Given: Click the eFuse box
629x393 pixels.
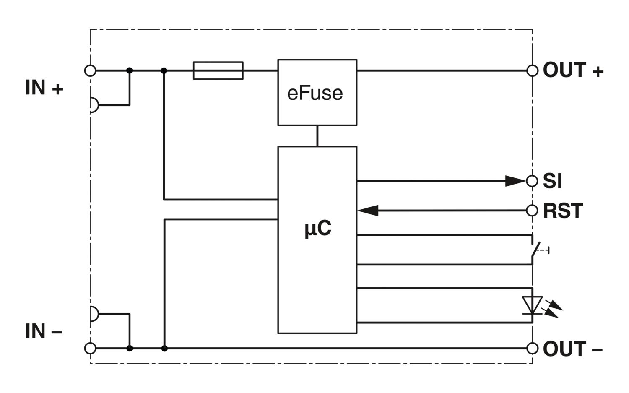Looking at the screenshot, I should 317,92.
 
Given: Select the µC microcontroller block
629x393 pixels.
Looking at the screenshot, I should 317,240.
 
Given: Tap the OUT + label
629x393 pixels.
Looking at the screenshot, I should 573,70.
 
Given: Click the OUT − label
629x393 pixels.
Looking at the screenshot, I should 572,349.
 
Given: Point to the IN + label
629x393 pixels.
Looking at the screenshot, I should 44,88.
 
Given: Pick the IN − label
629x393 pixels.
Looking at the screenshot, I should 44,331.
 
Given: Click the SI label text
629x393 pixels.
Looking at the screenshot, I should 552,181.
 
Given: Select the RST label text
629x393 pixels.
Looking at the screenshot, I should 563,211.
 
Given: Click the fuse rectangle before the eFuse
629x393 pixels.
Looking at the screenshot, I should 218,70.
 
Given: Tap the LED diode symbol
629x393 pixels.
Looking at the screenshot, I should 533,305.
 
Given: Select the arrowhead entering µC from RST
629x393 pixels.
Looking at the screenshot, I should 368,211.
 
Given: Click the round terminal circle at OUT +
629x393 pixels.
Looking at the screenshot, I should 532,70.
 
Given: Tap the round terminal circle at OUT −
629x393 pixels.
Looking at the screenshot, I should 532,348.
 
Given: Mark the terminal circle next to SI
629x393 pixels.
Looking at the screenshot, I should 532,181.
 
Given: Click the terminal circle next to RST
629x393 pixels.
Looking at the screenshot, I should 532,211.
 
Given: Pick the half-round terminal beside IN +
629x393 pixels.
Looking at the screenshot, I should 94,105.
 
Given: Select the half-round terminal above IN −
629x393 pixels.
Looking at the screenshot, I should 94,314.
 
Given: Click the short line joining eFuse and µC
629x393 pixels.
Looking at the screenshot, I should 317,136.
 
